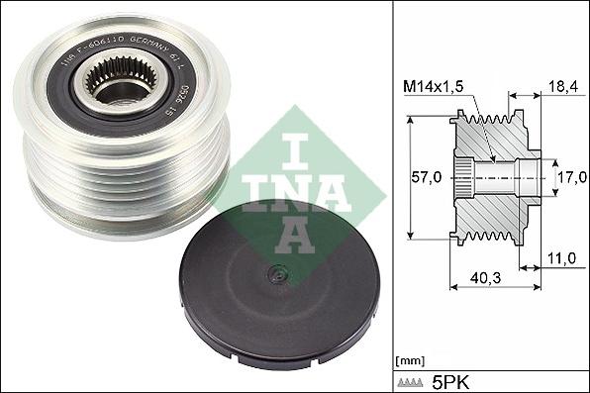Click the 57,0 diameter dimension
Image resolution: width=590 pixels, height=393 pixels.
coord(428,179)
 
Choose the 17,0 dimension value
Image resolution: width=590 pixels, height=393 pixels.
coord(566,179)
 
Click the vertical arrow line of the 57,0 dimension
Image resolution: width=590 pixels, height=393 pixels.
coord(408,179)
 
